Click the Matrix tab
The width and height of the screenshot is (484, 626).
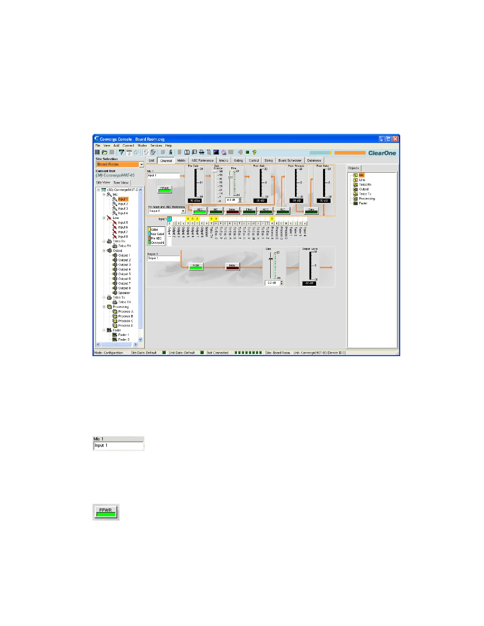[x=181, y=160]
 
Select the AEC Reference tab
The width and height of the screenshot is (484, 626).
[x=202, y=160]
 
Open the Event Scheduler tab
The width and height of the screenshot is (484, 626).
[x=290, y=160]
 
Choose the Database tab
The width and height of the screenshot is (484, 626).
[x=314, y=160]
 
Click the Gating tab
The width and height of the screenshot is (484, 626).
[x=238, y=160]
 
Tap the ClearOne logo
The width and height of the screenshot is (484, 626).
[x=382, y=153]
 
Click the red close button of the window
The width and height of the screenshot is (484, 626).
[x=395, y=139]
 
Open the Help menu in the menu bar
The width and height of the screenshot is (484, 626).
[x=168, y=145]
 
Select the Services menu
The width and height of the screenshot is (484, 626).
[x=156, y=145]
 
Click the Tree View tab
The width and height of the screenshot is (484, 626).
[x=121, y=183]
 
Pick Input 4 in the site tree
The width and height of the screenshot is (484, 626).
[x=123, y=213]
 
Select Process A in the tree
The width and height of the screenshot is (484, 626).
[x=126, y=311]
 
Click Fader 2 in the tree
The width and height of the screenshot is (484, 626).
[x=123, y=339]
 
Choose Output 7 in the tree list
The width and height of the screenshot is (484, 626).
[x=124, y=283]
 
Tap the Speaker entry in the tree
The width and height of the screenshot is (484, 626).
[x=124, y=293]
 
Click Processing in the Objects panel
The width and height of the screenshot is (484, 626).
[x=367, y=199]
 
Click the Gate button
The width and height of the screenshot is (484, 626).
[x=311, y=211]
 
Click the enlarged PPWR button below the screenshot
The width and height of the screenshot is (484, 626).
[x=106, y=512]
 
